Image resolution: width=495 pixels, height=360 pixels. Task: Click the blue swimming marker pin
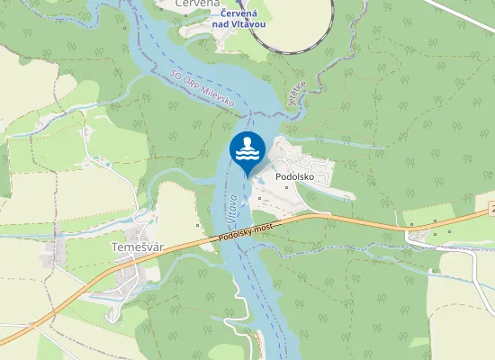247,150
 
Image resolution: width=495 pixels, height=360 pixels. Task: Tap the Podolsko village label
294,177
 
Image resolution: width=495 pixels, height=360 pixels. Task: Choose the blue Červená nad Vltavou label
238,18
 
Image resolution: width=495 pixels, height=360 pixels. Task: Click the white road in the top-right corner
468,13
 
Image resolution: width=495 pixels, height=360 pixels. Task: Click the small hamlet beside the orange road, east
423,236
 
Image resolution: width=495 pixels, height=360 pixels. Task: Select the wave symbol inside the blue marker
247,156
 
